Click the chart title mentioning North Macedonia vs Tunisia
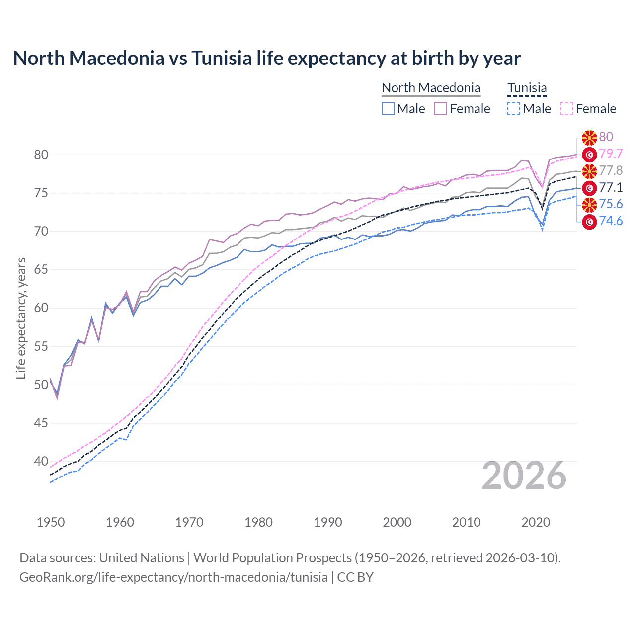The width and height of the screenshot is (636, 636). tap(267, 58)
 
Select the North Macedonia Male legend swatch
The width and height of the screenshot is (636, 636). tap(388, 109)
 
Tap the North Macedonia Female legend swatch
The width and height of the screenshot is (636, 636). tap(441, 109)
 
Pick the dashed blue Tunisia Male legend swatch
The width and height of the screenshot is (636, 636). tap(514, 109)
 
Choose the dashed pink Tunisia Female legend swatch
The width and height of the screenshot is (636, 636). tap(567, 109)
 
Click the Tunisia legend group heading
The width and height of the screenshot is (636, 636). tap(527, 88)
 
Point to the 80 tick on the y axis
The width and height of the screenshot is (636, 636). tap(41, 155)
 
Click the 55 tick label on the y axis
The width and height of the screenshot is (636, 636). tap(41, 346)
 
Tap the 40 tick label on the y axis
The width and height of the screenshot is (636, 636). tap(41, 462)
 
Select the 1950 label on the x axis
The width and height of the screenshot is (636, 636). tap(51, 522)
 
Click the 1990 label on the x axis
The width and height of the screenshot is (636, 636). tap(328, 522)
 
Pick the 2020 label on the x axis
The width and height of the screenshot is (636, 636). tap(536, 522)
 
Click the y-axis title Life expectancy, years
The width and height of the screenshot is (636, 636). tap(21, 318)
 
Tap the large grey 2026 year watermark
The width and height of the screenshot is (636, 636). tap(524, 476)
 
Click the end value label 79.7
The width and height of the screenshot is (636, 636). tap(611, 154)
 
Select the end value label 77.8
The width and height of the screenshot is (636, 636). tap(611, 170)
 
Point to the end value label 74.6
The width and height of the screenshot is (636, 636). tap(611, 221)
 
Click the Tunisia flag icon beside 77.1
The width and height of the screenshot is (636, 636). tap(589, 188)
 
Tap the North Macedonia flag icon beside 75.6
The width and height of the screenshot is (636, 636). tap(589, 204)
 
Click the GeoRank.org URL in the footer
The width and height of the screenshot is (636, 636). tap(173, 577)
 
